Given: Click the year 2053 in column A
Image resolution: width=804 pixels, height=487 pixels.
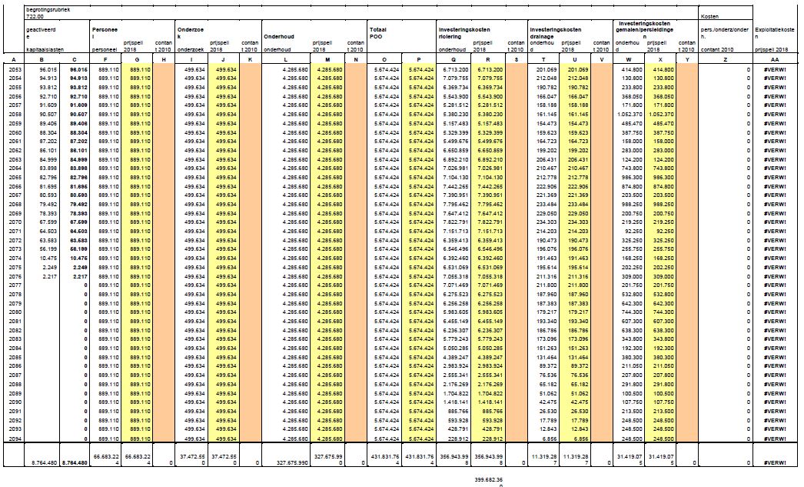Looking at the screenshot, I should pos(15,68).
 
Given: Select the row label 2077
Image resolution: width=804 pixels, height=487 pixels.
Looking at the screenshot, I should pos(15,284).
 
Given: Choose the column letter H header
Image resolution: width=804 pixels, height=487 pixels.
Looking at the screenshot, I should pos(164,59).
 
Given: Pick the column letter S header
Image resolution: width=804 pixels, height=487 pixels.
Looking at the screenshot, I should pos(517,59).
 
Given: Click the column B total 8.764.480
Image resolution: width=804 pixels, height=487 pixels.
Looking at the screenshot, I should pos(45,462).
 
